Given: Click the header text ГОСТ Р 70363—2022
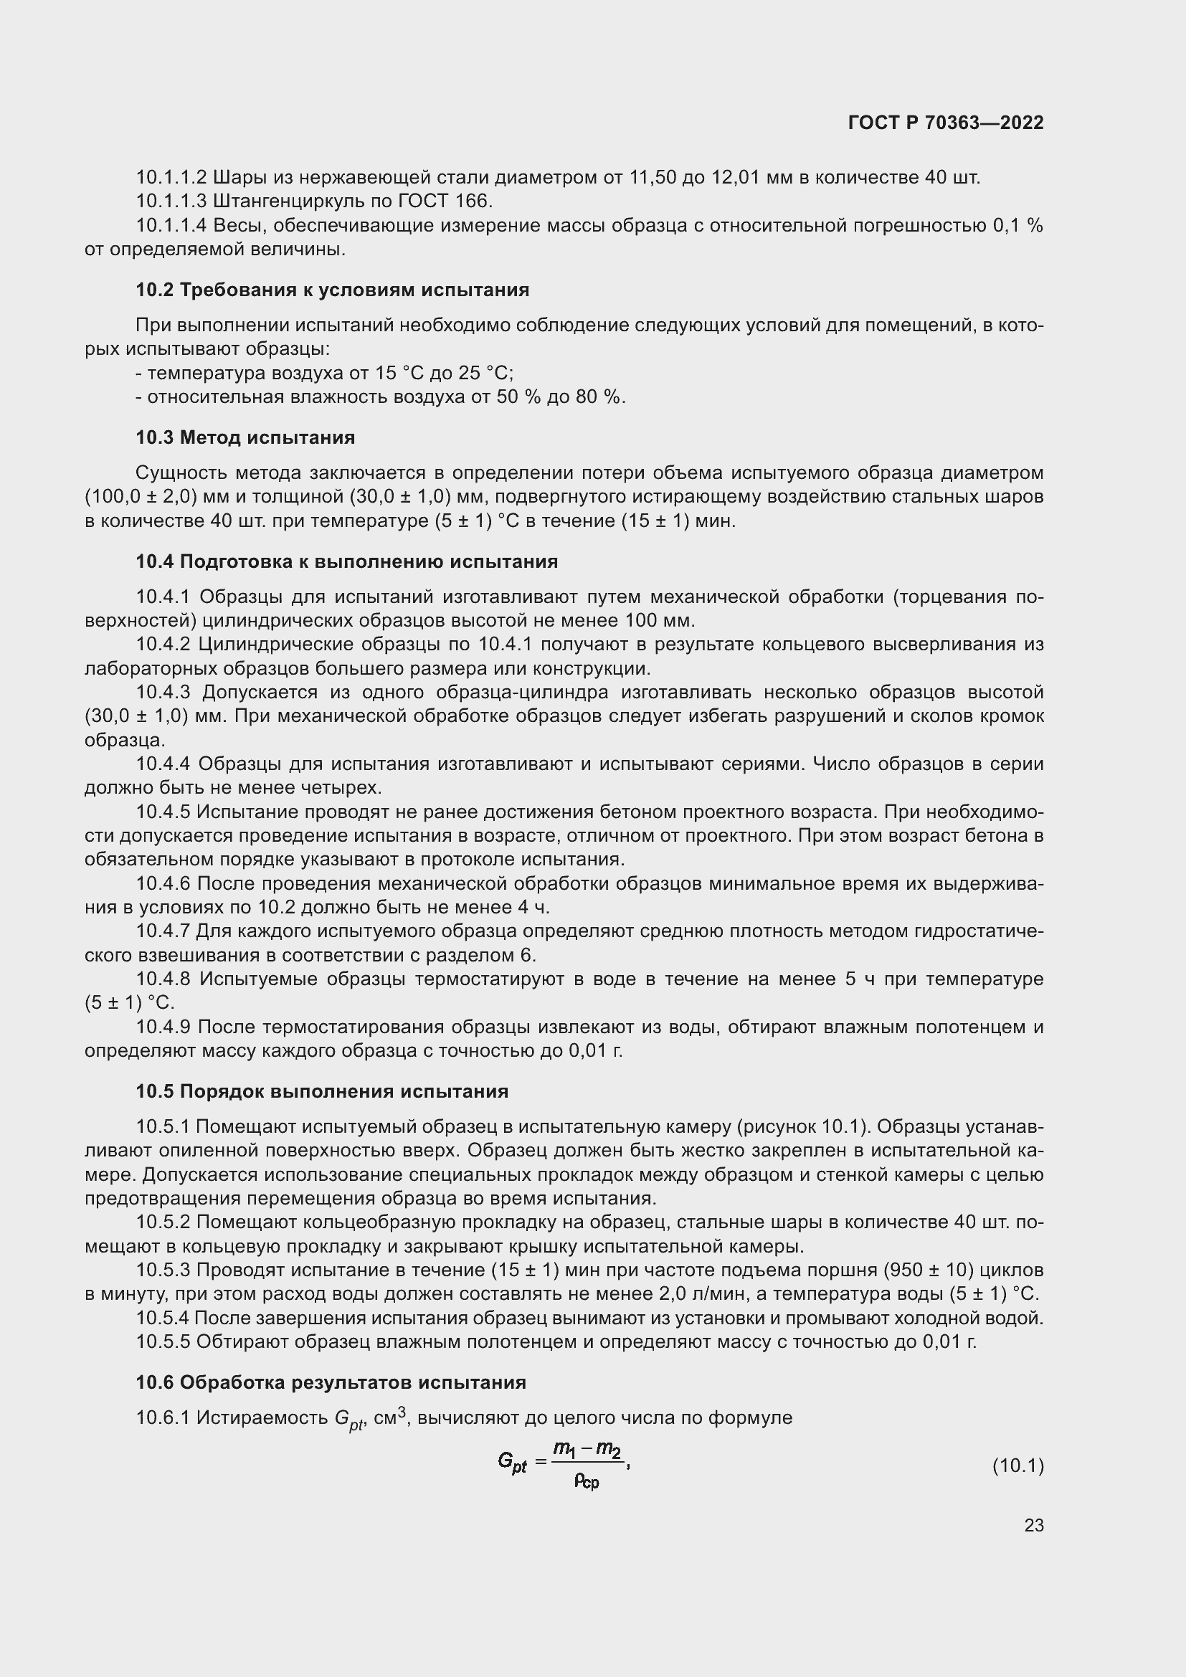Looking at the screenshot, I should click(946, 123).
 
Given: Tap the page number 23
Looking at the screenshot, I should click(1033, 1525).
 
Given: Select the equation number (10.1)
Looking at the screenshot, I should click(1017, 1466).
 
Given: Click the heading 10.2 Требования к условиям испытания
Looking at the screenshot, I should click(332, 290).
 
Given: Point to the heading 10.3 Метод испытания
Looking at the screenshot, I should click(245, 437).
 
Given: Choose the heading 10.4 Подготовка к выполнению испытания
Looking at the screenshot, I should click(347, 561).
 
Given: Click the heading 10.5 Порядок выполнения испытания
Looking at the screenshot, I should click(322, 1091).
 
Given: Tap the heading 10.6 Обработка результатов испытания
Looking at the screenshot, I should click(331, 1382).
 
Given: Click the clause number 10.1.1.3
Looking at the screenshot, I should click(171, 201).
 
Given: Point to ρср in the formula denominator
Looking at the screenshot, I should click(587, 1481).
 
